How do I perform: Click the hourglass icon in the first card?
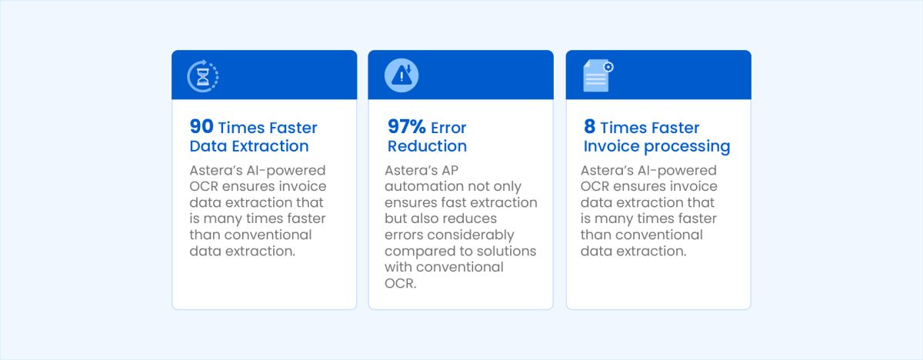pyautogui.click(x=203, y=75)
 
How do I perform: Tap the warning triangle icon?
pyautogui.click(x=401, y=75)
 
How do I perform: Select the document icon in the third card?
pyautogui.click(x=596, y=77)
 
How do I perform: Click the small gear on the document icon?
pyautogui.click(x=608, y=67)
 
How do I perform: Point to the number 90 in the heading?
pyautogui.click(x=202, y=128)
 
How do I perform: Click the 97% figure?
pyautogui.click(x=405, y=128)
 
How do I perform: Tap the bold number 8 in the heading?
pyautogui.click(x=588, y=128)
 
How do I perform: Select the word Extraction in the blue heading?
pyautogui.click(x=271, y=146)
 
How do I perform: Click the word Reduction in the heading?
pyautogui.click(x=427, y=146)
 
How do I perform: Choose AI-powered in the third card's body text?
pyautogui.click(x=676, y=171)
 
